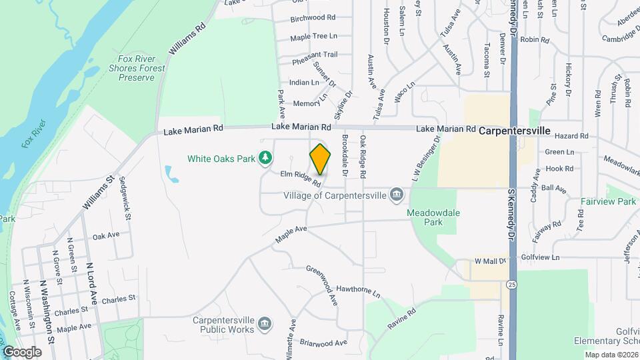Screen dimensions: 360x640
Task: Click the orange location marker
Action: [x=321, y=159]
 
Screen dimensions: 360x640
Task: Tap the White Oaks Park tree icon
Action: [x=266, y=158]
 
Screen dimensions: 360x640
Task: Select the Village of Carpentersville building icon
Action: [x=397, y=195]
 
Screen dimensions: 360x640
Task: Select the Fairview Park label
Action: [x=608, y=201]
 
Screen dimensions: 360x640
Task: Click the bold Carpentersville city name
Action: [x=515, y=131]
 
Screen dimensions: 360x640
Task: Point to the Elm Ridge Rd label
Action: [x=301, y=178]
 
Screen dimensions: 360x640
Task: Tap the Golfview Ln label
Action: [x=540, y=257]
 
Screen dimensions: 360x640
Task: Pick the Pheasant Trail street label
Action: [x=315, y=55]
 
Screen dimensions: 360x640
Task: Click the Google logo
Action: [x=21, y=351]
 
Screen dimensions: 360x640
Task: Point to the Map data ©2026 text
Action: [x=611, y=355]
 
